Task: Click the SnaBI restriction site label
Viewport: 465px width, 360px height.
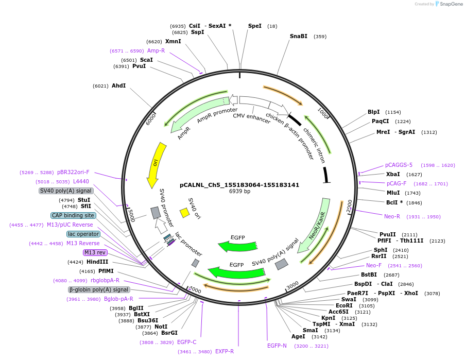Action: (299, 36)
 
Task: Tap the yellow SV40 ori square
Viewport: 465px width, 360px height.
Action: (184, 212)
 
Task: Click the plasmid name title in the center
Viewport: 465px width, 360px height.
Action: (239, 185)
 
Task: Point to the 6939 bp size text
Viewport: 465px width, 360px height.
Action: (239, 192)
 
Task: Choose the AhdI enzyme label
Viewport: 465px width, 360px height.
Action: (118, 85)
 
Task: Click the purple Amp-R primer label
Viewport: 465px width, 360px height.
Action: (156, 50)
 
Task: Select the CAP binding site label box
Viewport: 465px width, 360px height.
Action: (73, 215)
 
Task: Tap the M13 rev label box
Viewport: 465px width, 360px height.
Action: (94, 252)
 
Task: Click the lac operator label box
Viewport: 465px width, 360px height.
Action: (83, 234)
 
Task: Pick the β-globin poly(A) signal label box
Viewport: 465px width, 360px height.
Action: (95, 289)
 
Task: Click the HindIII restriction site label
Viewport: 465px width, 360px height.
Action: (97, 262)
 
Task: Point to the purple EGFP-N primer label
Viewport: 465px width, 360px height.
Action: (277, 346)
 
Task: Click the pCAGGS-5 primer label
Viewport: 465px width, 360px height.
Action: (399, 165)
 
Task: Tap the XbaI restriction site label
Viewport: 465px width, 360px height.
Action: (393, 174)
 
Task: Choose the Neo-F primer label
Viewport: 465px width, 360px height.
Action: (374, 265)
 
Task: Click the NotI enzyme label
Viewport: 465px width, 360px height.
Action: (161, 327)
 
